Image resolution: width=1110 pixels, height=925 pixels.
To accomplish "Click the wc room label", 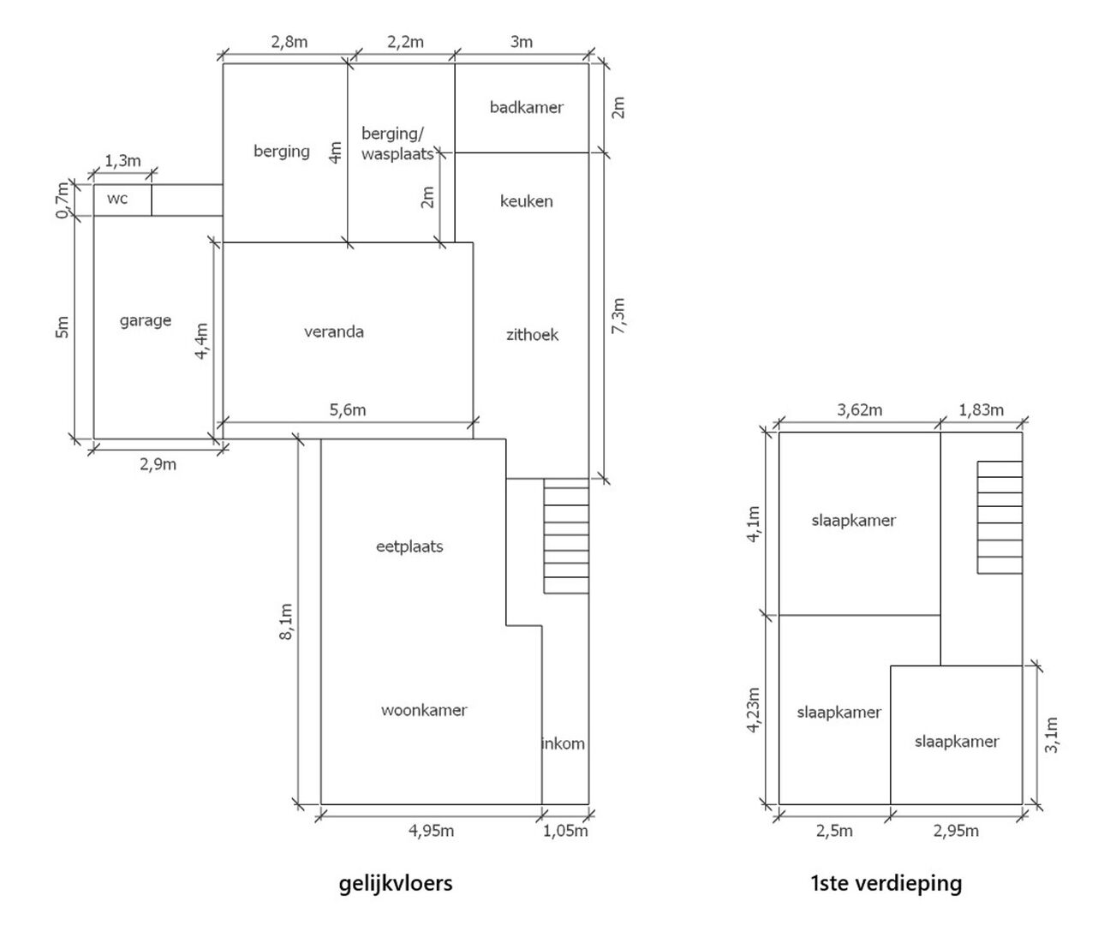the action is coord(117,199).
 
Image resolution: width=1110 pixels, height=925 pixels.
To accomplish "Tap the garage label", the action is coord(145,321).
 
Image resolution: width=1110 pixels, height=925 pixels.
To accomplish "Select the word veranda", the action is coord(334,332).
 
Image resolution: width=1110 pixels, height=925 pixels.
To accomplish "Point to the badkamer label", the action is coord(526,107).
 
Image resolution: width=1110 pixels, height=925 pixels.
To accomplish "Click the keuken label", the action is coord(526,201).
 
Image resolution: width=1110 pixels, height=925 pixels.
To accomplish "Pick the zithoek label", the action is coord(532,335).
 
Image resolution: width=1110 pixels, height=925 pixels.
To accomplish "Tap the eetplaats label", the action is coord(409,547).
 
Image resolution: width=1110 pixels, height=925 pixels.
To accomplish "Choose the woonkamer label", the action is coord(424,711).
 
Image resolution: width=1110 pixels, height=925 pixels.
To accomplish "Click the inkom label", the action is coord(564,743).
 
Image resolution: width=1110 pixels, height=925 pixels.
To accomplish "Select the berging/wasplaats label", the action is coord(397,144).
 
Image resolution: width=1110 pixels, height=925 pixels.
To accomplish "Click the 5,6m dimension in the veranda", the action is coord(348,410).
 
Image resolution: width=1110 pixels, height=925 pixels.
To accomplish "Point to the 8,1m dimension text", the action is coord(286,622).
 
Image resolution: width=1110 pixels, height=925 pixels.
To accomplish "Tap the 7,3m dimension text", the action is coord(618,316).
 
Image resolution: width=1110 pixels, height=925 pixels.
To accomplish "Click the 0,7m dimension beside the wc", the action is coord(63,200).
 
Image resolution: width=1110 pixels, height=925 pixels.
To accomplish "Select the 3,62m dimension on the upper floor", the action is coord(860,410).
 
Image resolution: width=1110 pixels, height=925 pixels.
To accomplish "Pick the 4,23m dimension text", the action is coord(754,710).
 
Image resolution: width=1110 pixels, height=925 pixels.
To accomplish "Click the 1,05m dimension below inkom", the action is coord(565,831).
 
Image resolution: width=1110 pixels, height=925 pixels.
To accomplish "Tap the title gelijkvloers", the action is coord(396,884).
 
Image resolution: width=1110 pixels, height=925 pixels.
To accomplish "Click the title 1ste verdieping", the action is coord(886,884).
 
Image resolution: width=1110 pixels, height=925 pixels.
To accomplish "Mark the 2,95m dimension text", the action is coord(956,831).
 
